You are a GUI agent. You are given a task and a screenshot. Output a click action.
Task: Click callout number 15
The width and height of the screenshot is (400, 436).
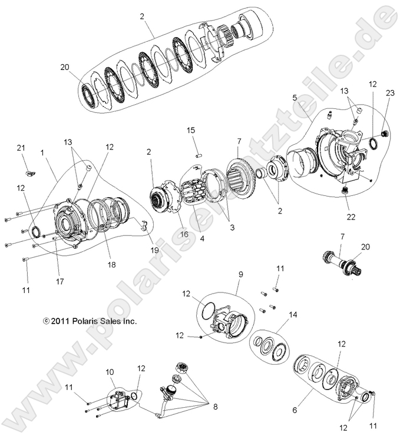pos(191,130)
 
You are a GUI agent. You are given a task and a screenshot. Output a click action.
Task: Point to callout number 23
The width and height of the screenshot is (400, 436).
pos(389,92)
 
